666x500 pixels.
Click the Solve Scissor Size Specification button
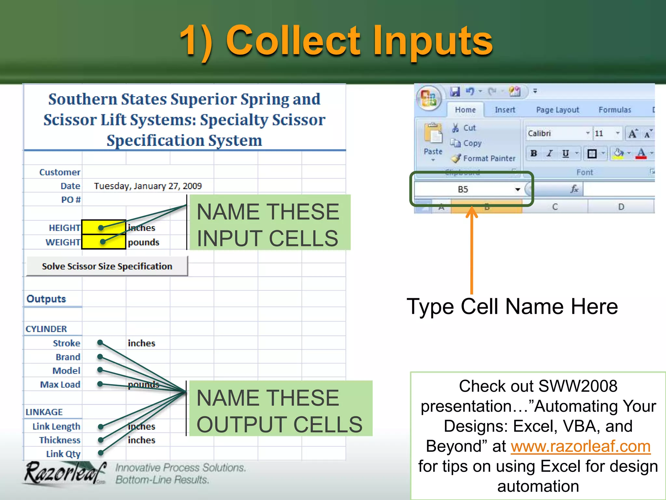107,266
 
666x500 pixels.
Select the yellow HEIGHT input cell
104,227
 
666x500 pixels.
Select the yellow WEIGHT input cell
104,242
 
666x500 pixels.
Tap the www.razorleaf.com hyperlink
580,446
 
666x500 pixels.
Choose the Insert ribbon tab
505,110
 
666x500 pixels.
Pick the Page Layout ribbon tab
557,110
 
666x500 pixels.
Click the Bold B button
534,153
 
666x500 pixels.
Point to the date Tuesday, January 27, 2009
148,186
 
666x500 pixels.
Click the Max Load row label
60,384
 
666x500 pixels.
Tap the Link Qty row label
63,454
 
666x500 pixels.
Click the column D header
621,207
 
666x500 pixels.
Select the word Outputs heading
46,299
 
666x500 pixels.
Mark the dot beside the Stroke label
100,342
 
